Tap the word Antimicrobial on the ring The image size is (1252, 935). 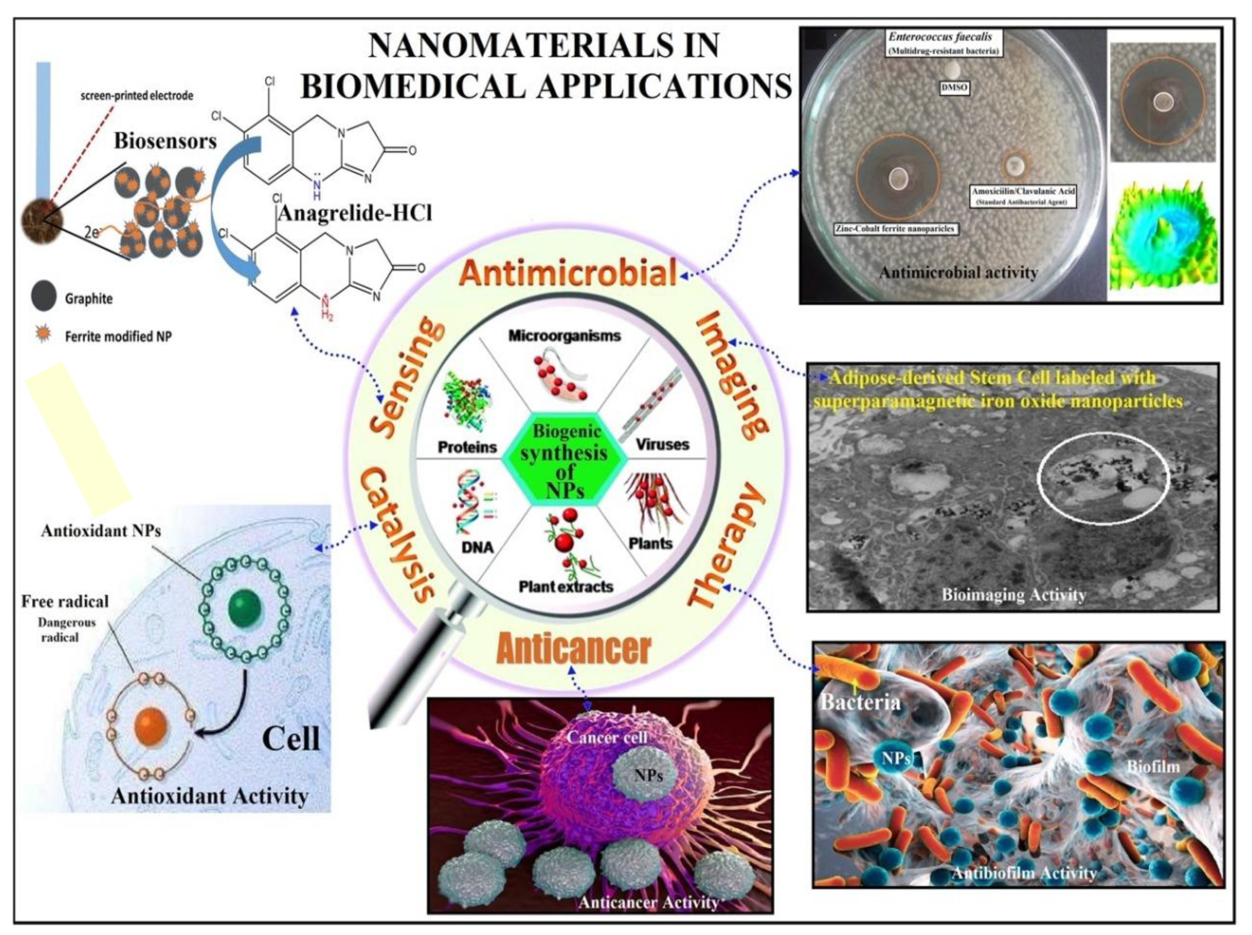coord(568,273)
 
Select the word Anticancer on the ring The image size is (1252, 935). coord(573,649)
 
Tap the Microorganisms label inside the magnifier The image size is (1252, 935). coord(564,336)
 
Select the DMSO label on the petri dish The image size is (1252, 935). coord(954,88)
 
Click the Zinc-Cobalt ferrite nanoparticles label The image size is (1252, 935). coord(896,228)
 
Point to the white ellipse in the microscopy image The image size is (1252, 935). coord(1103,478)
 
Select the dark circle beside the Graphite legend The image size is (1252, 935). coord(43,296)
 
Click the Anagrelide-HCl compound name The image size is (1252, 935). coord(355,213)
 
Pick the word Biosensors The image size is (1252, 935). coord(165,141)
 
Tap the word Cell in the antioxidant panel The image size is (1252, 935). coord(291,739)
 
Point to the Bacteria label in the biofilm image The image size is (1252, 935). coord(860,702)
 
